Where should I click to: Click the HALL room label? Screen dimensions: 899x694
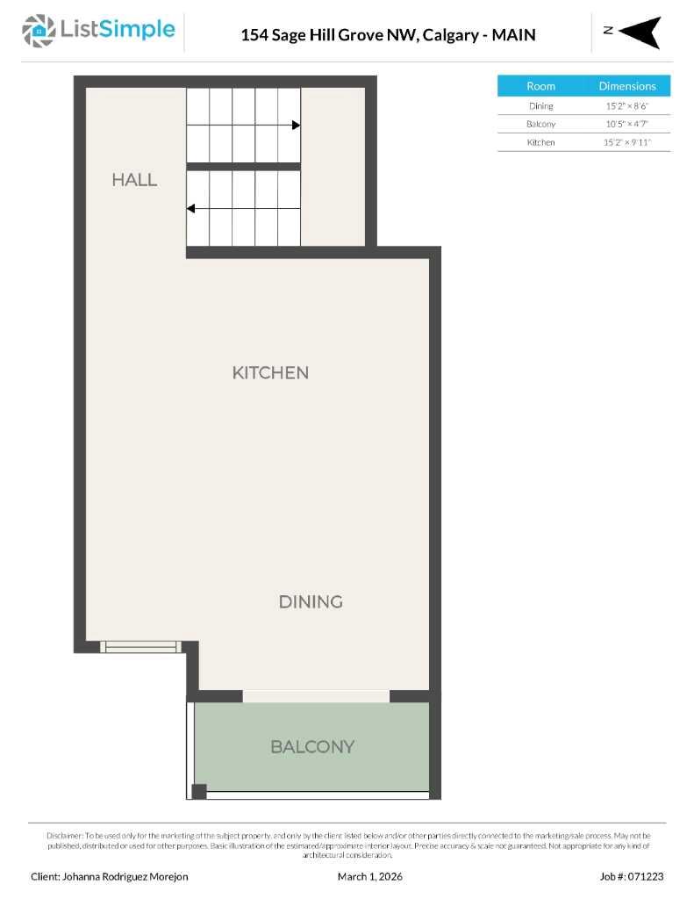pyautogui.click(x=134, y=180)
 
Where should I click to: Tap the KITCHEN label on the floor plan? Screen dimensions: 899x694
pyautogui.click(x=270, y=373)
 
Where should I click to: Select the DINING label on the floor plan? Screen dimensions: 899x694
pyautogui.click(x=310, y=602)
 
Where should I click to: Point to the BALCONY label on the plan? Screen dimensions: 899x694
pyautogui.click(x=312, y=747)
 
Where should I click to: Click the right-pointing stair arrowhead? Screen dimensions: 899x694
pyautogui.click(x=296, y=126)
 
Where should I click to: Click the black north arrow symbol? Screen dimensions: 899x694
pyautogui.click(x=640, y=32)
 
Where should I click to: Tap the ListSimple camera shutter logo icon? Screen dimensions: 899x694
pyautogui.click(x=38, y=31)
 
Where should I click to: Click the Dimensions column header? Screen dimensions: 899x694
pyautogui.click(x=627, y=86)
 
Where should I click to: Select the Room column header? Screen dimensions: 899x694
pyautogui.click(x=540, y=86)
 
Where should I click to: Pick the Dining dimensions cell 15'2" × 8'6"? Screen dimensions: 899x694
pyautogui.click(x=627, y=106)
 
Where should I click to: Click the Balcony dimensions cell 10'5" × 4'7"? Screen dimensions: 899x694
pyautogui.click(x=627, y=124)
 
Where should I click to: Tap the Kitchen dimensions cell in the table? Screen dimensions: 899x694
pyautogui.click(x=627, y=142)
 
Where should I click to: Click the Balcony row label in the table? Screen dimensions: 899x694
pyautogui.click(x=540, y=124)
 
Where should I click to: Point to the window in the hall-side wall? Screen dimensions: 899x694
pyautogui.click(x=140, y=647)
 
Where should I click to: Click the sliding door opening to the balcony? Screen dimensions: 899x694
pyautogui.click(x=316, y=696)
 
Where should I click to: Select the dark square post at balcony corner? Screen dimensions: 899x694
pyautogui.click(x=199, y=791)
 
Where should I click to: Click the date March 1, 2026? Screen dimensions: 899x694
pyautogui.click(x=369, y=876)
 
